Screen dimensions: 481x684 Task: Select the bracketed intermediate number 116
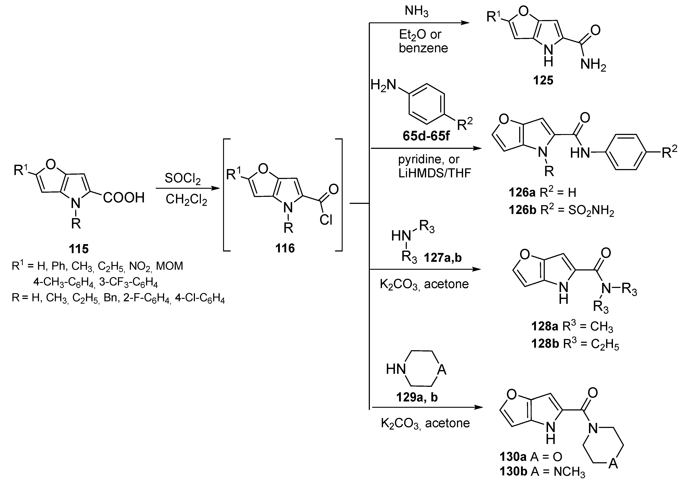coord(285,248)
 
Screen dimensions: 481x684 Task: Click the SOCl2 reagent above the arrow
coord(183,179)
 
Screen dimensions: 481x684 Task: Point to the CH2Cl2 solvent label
coord(186,200)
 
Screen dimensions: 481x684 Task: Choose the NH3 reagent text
coord(417,12)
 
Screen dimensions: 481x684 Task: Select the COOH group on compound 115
coord(124,198)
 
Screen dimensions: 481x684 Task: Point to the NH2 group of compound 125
coord(593,65)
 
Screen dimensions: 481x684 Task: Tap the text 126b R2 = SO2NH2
coord(561,210)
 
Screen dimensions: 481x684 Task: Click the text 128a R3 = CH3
coord(572,327)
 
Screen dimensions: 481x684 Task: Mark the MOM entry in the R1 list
coord(170,266)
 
